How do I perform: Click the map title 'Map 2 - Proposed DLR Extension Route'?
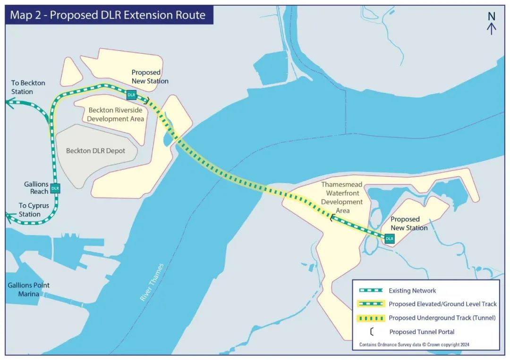pyautogui.click(x=108, y=15)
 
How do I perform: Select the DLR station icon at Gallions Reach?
pyautogui.click(x=55, y=188)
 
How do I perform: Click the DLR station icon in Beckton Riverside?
pyautogui.click(x=131, y=95)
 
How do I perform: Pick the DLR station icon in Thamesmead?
pyautogui.click(x=389, y=238)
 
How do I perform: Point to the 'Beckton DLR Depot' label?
pyautogui.click(x=95, y=151)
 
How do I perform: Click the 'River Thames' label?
pyautogui.click(x=152, y=282)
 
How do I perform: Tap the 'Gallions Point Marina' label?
pyautogui.click(x=29, y=290)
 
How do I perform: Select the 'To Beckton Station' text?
pyautogui.click(x=28, y=87)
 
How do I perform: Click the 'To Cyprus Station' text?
pyautogui.click(x=34, y=210)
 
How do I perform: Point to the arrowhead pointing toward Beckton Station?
pyautogui.click(x=10, y=103)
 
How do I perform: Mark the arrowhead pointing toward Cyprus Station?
pyautogui.click(x=10, y=218)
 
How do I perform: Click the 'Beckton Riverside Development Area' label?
pyautogui.click(x=116, y=114)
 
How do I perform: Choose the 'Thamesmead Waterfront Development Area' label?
pyautogui.click(x=342, y=198)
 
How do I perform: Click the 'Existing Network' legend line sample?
pyautogui.click(x=371, y=290)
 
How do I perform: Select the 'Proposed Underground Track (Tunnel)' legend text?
pyautogui.click(x=442, y=318)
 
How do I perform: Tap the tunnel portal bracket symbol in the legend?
pyautogui.click(x=372, y=332)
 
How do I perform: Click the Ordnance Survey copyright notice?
pyautogui.click(x=414, y=344)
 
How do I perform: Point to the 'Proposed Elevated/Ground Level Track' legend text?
pyautogui.click(x=442, y=304)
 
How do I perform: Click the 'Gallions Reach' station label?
pyautogui.click(x=36, y=188)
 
